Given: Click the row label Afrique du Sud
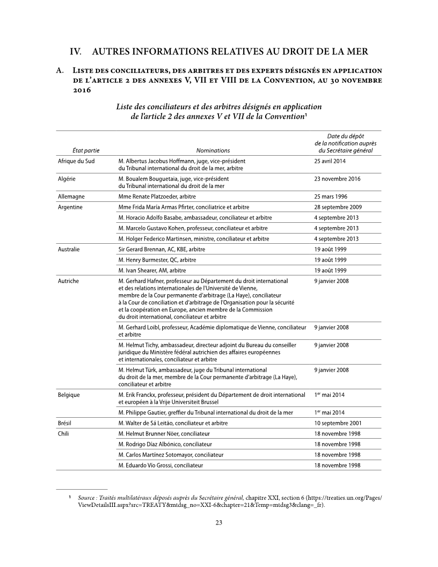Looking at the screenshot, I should tap(76, 161).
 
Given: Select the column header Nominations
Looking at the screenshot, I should tap(213, 151).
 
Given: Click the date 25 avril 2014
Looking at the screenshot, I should tap(330, 161).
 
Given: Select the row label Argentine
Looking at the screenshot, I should tap(70, 207).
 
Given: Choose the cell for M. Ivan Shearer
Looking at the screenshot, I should tap(152, 270).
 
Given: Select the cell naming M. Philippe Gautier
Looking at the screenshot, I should tap(206, 412).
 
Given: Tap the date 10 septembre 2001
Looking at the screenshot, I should tap(338, 423).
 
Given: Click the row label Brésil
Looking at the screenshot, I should tap(65, 423).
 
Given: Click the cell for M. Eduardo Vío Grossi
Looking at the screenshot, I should tap(160, 465).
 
